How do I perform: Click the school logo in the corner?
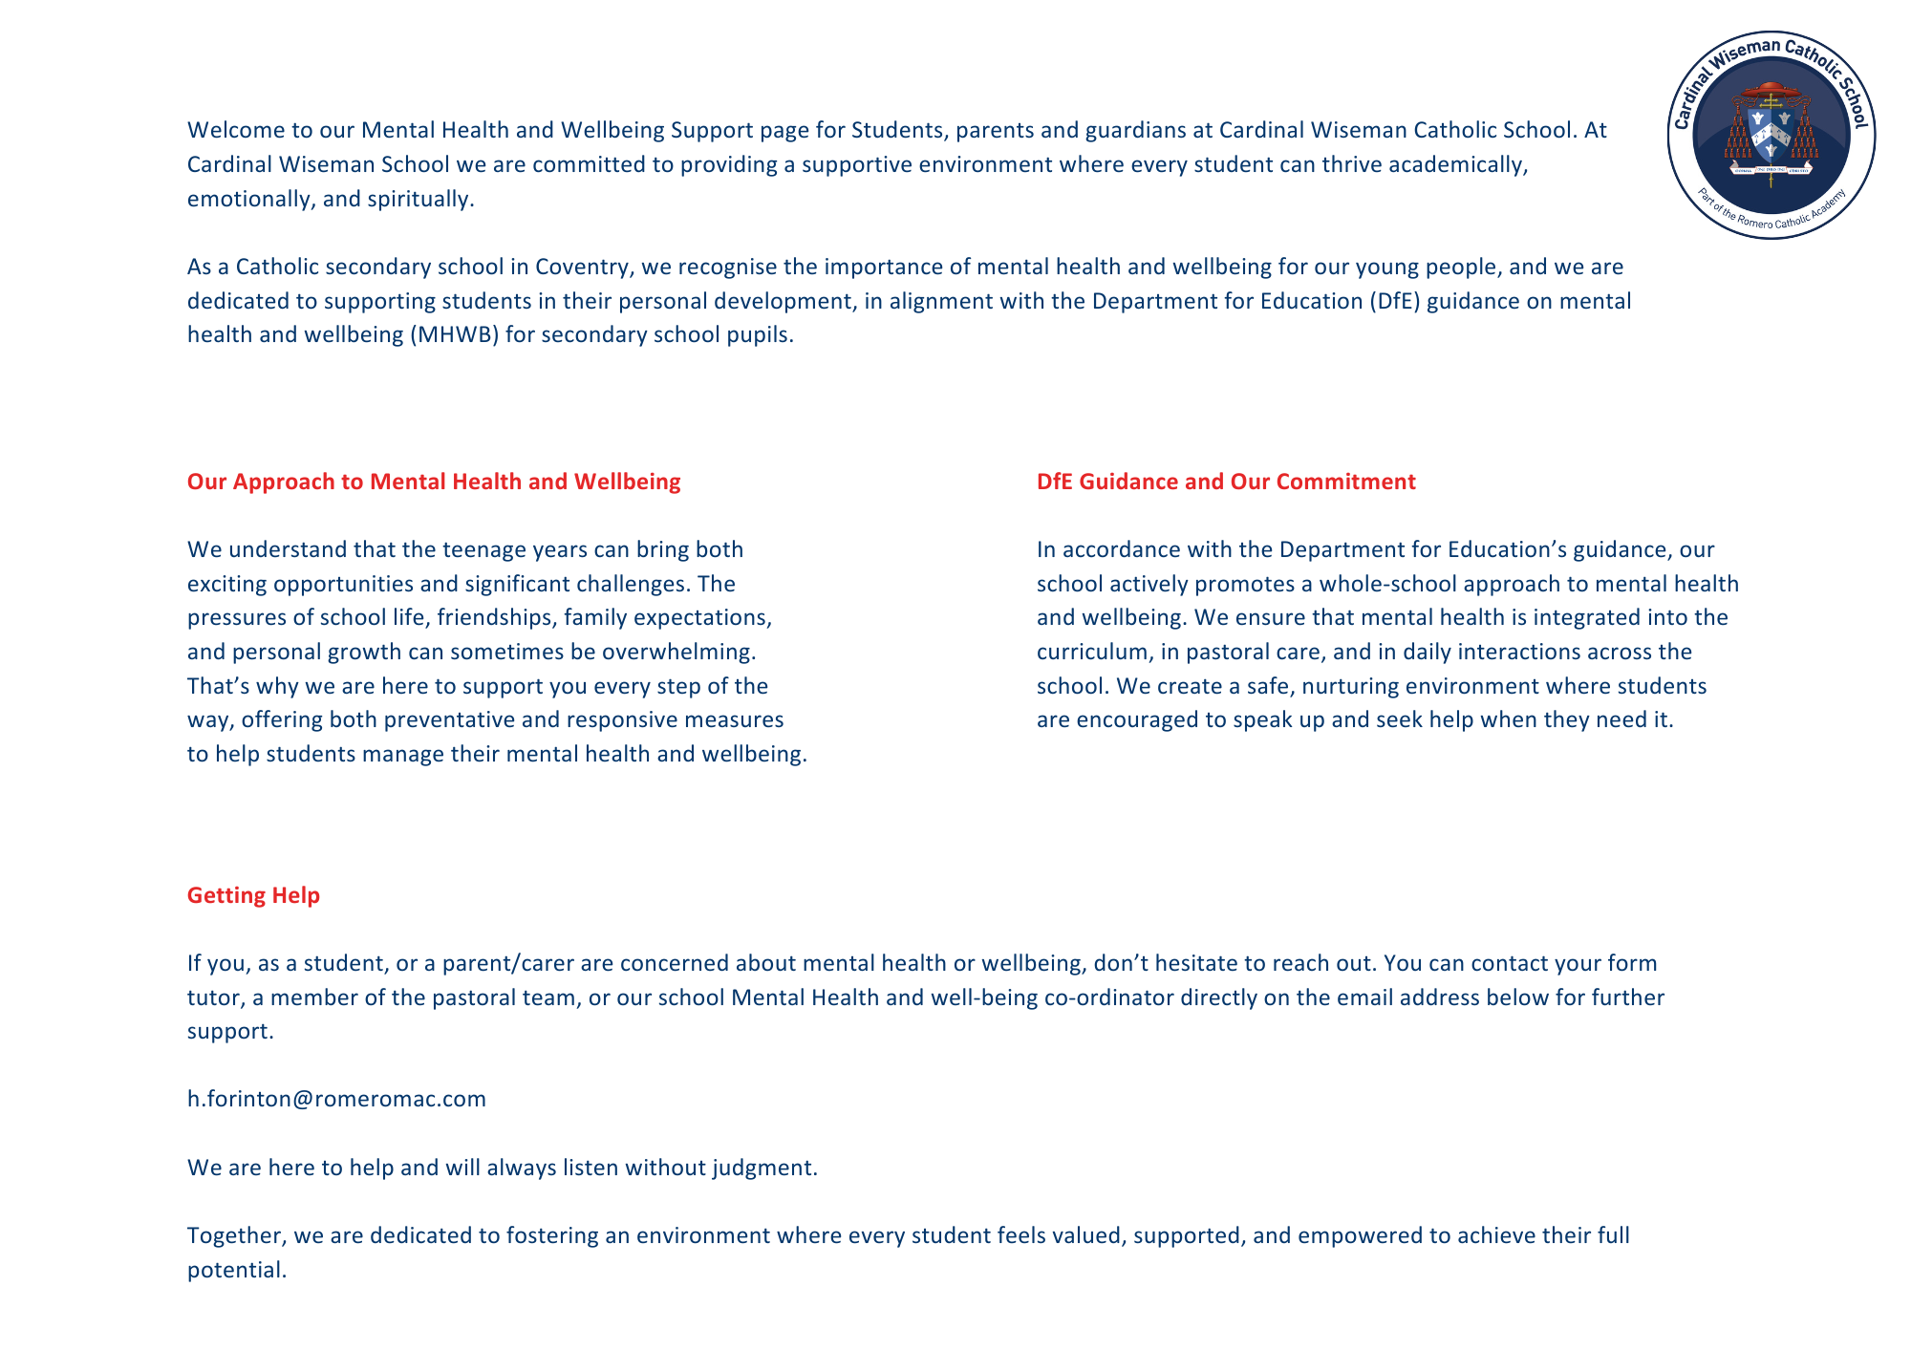(1771, 135)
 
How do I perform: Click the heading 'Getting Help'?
(253, 895)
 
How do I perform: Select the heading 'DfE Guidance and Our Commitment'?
(1226, 482)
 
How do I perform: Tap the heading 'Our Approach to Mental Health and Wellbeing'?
(434, 482)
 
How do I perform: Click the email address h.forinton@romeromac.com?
(336, 1099)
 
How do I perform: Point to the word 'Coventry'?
(580, 267)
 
